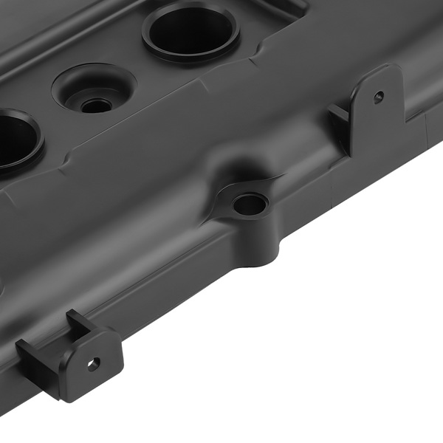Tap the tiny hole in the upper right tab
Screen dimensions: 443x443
[378, 96]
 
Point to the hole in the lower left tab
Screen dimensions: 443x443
[93, 363]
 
